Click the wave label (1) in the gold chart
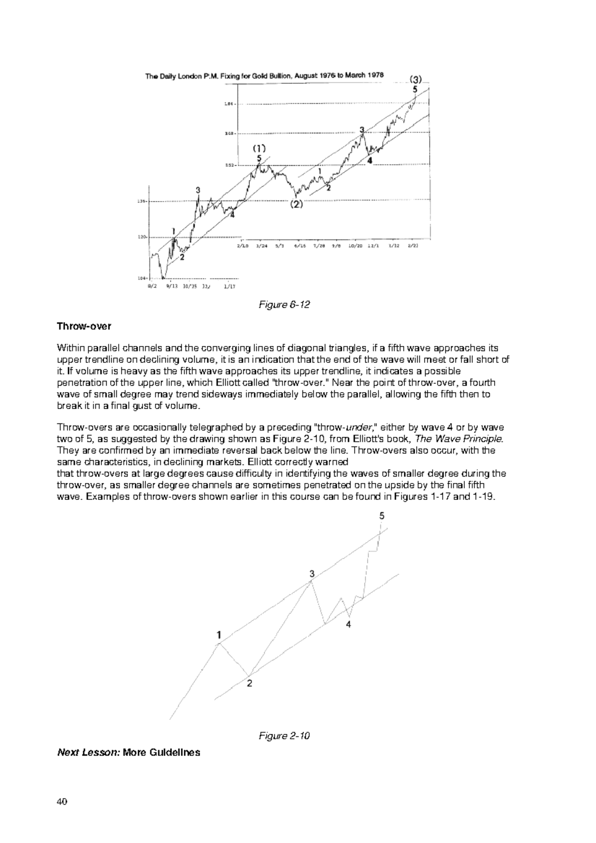point(259,148)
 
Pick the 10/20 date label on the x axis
point(356,245)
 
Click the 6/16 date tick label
point(299,245)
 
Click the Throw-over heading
point(84,326)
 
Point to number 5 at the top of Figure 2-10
point(381,516)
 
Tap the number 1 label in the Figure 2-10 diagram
point(219,634)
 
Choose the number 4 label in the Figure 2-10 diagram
point(349,625)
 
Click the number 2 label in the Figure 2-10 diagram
point(249,684)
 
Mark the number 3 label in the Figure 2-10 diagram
point(312,574)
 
